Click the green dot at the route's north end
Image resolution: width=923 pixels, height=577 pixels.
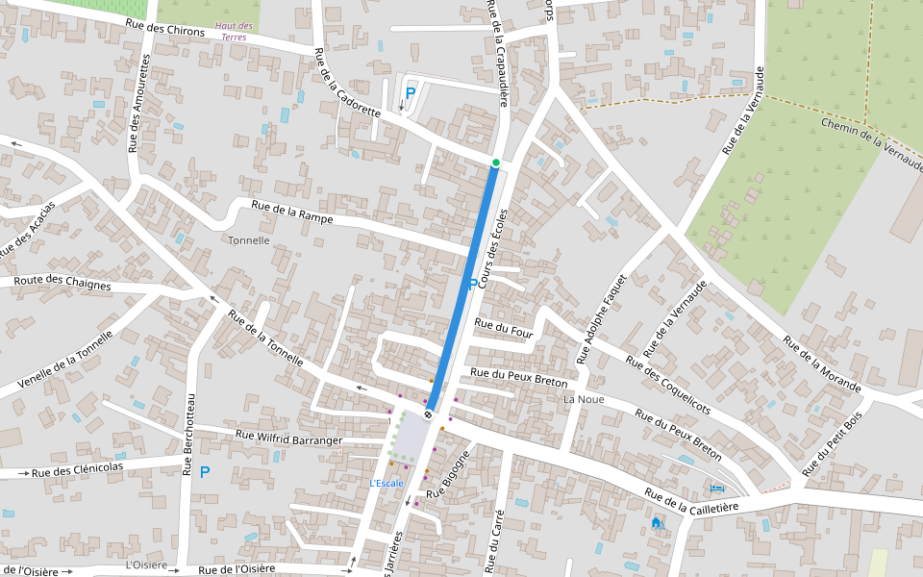pyautogui.click(x=496, y=163)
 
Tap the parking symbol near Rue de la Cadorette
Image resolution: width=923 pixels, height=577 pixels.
pyautogui.click(x=411, y=93)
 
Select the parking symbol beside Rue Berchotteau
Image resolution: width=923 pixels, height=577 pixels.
pyautogui.click(x=204, y=472)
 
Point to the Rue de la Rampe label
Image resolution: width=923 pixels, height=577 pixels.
pyautogui.click(x=292, y=213)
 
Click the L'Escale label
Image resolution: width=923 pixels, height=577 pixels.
pyautogui.click(x=387, y=483)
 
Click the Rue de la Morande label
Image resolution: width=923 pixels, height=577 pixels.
pyautogui.click(x=821, y=364)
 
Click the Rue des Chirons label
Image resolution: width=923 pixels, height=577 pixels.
pyautogui.click(x=165, y=29)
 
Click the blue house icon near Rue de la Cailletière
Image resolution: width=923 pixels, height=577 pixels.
pyautogui.click(x=657, y=523)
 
